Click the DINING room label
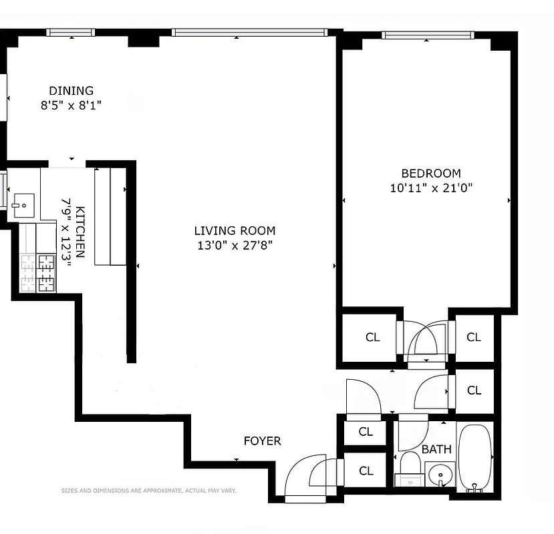(x=72, y=91)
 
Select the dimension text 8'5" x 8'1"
(x=72, y=105)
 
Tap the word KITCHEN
(x=80, y=232)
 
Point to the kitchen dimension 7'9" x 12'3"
(x=65, y=232)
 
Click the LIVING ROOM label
(x=235, y=231)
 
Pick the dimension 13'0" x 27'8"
(x=235, y=245)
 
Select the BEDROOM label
(x=431, y=174)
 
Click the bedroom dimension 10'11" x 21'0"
(x=431, y=188)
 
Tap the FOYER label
(x=262, y=441)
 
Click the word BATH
(x=436, y=449)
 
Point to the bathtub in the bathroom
(x=475, y=457)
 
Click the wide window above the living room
(x=248, y=32)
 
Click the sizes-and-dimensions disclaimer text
(x=148, y=491)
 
